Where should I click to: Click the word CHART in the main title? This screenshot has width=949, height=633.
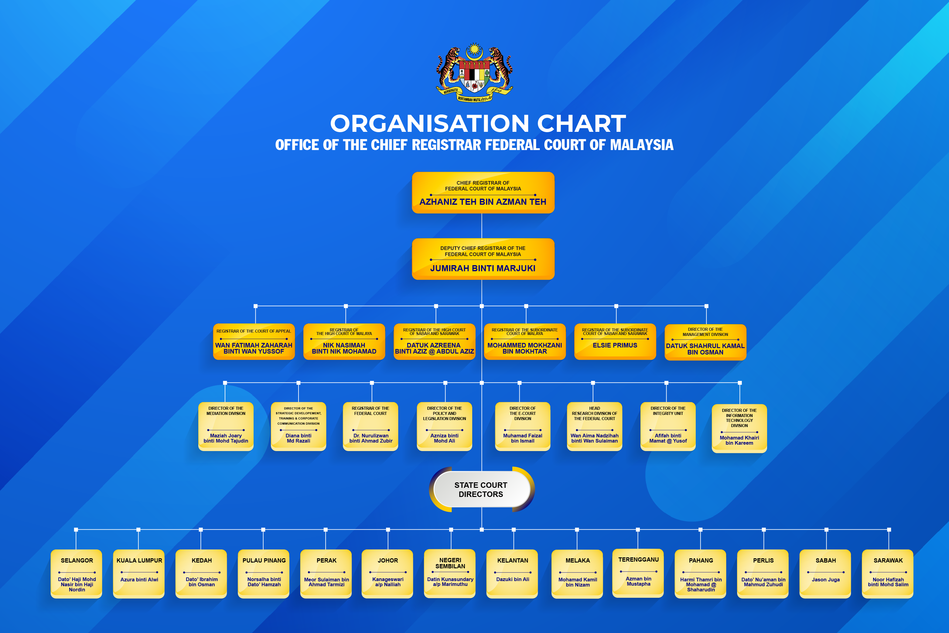click(x=581, y=124)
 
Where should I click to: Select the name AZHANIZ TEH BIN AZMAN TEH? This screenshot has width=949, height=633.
click(x=483, y=202)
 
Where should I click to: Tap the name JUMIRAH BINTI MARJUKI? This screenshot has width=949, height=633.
click(x=483, y=269)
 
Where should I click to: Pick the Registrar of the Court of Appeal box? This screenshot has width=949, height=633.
click(x=254, y=341)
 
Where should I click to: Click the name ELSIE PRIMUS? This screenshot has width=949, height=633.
click(x=615, y=346)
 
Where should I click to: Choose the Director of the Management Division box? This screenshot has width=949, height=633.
click(x=705, y=342)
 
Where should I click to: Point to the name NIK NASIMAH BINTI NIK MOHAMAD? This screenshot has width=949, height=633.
click(x=344, y=348)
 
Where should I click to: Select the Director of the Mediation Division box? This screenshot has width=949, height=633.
click(x=226, y=426)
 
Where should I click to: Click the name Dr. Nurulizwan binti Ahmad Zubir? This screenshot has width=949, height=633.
click(x=370, y=438)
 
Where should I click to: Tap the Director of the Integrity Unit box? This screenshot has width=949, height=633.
click(x=668, y=426)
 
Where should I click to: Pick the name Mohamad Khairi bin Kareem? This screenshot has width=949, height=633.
click(x=739, y=440)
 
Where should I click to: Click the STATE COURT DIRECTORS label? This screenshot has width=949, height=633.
click(x=481, y=490)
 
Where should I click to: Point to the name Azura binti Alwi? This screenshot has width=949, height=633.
click(x=139, y=580)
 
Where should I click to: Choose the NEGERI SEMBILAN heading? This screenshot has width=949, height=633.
click(x=450, y=563)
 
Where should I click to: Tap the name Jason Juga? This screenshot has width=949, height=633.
click(x=825, y=580)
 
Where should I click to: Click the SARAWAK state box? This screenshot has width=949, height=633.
click(x=888, y=574)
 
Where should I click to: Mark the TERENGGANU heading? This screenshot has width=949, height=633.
click(x=638, y=559)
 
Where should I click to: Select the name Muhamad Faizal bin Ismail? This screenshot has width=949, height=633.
click(x=522, y=438)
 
